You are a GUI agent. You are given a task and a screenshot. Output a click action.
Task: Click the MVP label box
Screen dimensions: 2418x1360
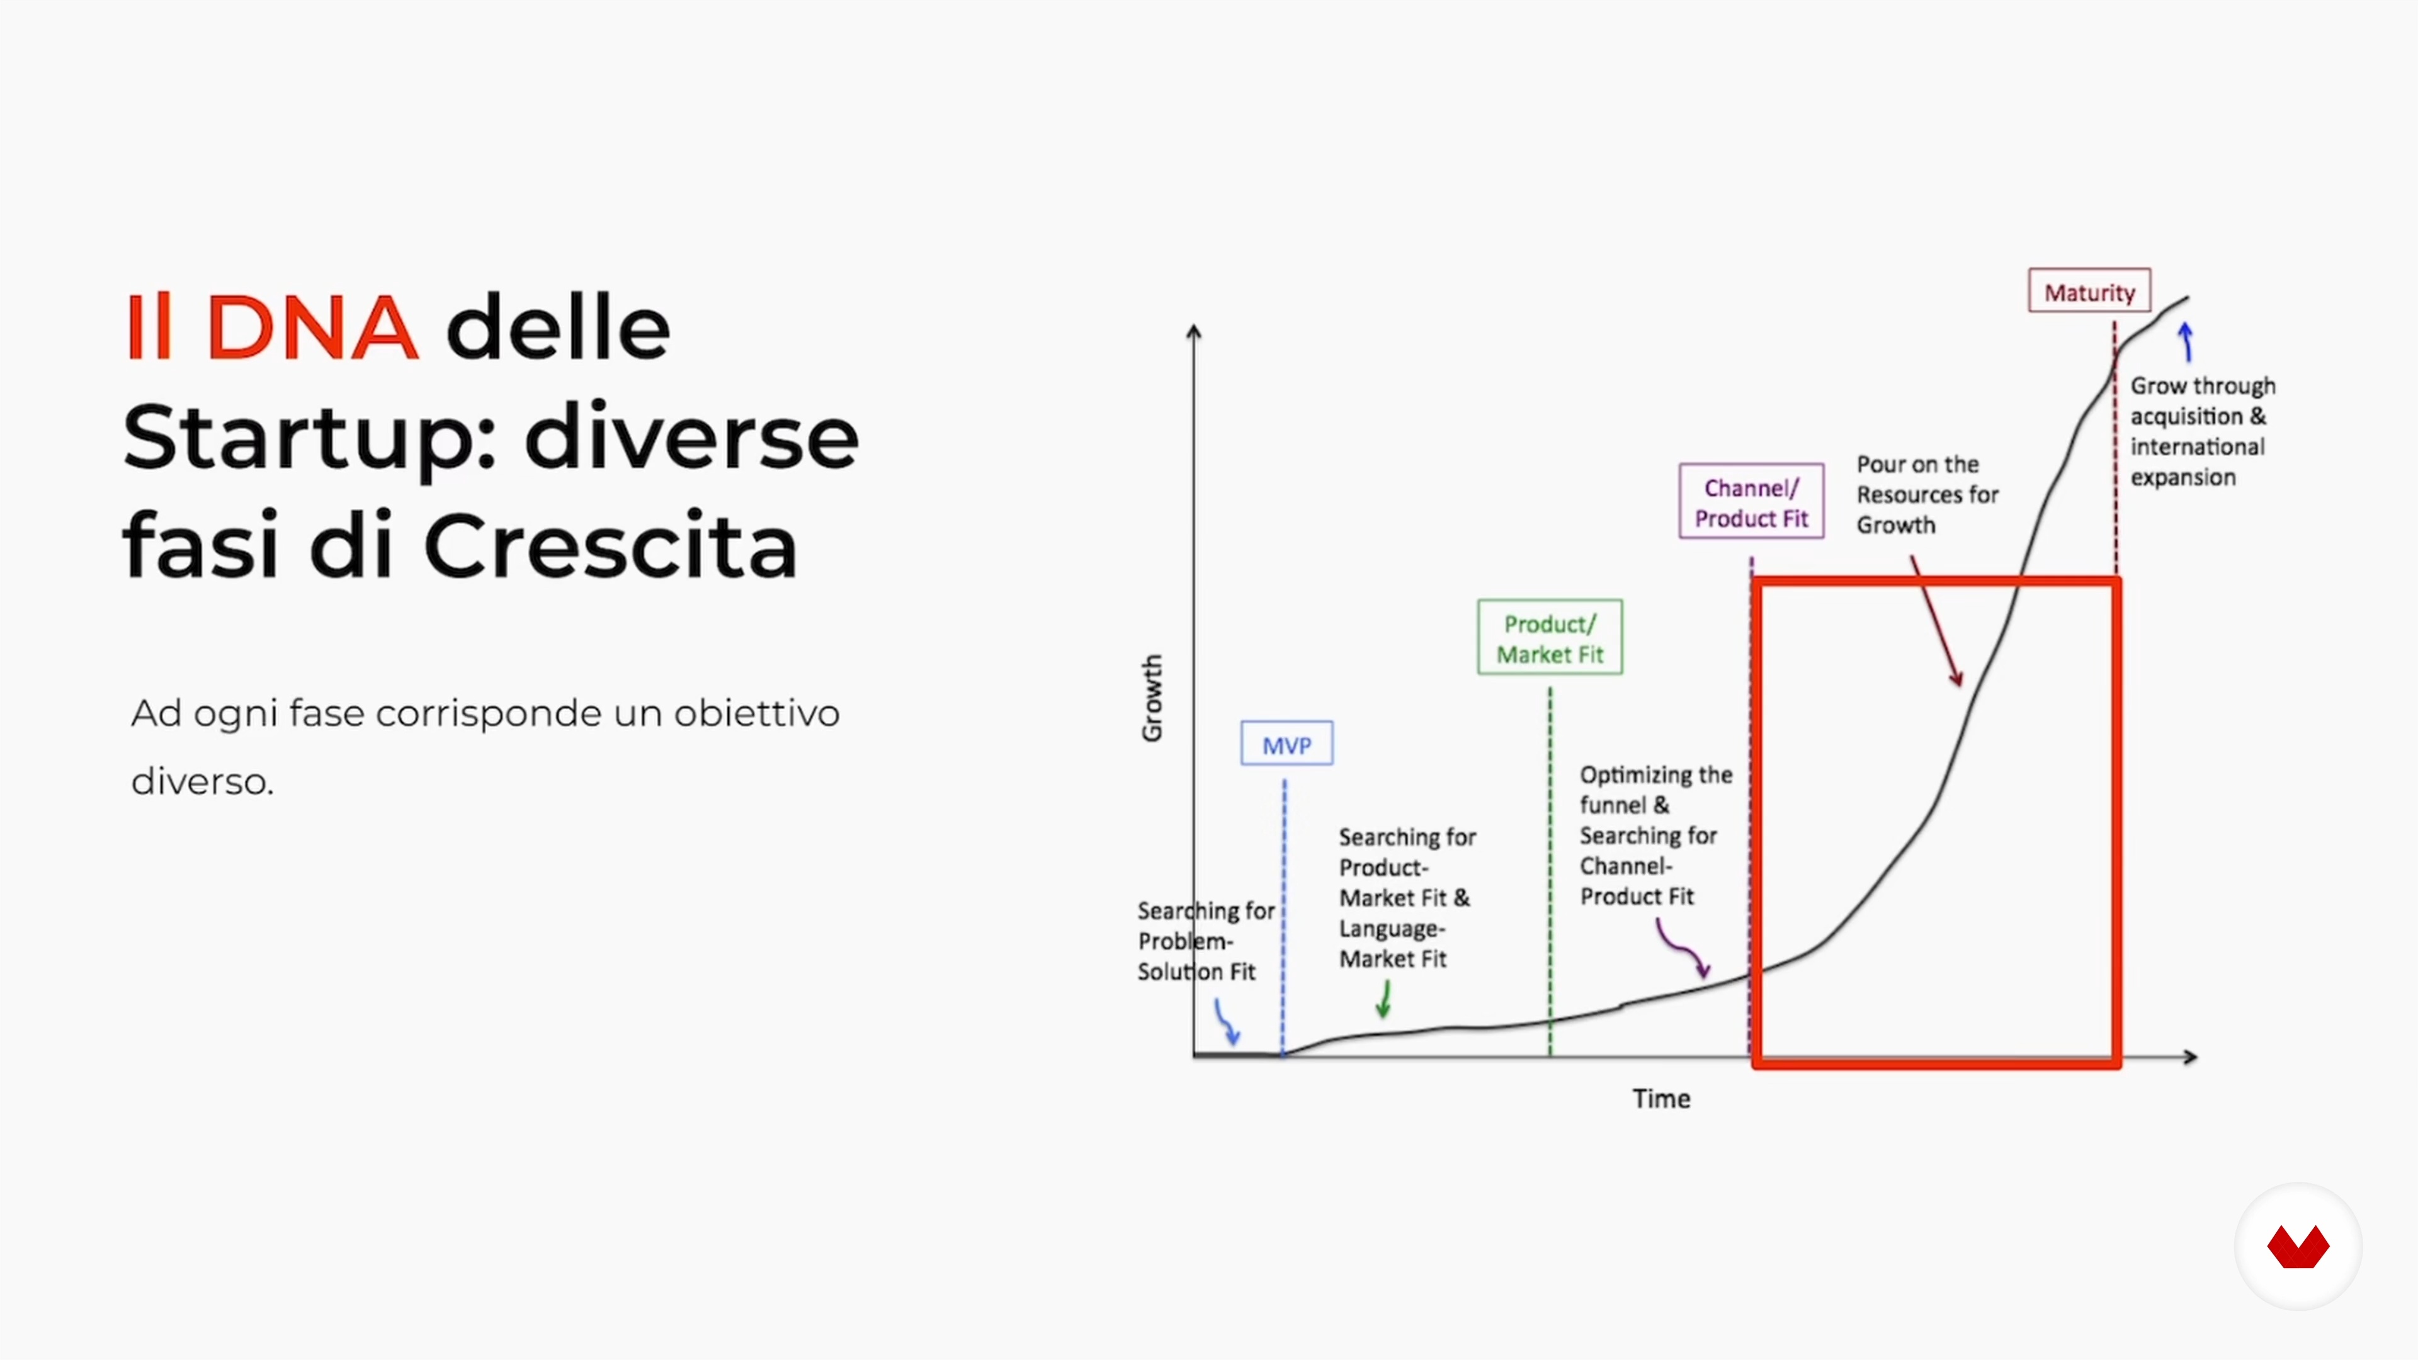point(1286,744)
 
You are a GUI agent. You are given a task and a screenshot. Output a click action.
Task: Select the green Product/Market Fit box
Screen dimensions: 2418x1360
point(1550,637)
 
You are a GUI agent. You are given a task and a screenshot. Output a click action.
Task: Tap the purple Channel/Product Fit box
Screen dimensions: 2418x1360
point(1752,501)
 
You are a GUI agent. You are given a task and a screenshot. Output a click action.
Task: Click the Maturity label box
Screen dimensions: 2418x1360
point(2089,291)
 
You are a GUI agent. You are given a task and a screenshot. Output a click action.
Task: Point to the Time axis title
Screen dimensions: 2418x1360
point(1660,1098)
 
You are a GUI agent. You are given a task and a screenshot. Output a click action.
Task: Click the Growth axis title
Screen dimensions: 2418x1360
point(1152,698)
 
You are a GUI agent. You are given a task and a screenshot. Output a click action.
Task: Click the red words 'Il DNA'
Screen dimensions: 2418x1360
point(272,327)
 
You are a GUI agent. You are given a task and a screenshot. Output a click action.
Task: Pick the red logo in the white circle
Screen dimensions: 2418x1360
point(2298,1247)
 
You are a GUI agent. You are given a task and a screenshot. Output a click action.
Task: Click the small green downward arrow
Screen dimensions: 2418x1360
point(1383,999)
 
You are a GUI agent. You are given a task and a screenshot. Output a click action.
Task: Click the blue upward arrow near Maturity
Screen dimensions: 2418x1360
point(2186,342)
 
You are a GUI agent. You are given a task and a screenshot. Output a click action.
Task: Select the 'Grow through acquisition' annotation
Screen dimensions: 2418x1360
point(2202,431)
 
